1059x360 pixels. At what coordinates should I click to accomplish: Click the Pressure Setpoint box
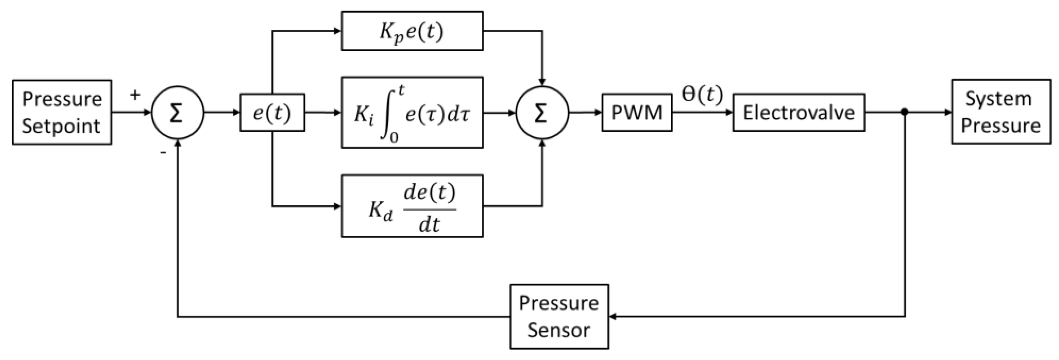coord(62,112)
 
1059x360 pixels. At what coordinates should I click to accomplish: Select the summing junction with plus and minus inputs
coord(177,113)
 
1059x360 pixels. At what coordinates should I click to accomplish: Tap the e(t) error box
coord(272,113)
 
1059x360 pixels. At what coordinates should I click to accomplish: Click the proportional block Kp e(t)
coord(412,31)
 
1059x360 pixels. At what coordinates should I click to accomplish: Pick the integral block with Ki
coord(412,113)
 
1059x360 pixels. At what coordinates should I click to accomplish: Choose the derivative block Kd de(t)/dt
coord(412,206)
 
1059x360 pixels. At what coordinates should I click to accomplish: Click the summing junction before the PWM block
coord(542,113)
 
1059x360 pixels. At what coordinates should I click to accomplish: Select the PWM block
coord(637,113)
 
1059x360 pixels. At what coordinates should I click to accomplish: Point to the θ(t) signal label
coord(702,95)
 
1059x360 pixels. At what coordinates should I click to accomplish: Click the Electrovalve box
coord(799,113)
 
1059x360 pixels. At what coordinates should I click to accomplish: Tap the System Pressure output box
coord(1001,112)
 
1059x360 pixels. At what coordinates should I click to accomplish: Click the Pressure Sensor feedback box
coord(559,316)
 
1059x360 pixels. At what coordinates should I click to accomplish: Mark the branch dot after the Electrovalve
coord(905,112)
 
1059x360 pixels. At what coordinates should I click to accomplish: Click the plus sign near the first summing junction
coord(135,95)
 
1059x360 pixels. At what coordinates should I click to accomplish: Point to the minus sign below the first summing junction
coord(163,153)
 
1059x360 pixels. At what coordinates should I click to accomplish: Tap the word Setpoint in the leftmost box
coord(61,126)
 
